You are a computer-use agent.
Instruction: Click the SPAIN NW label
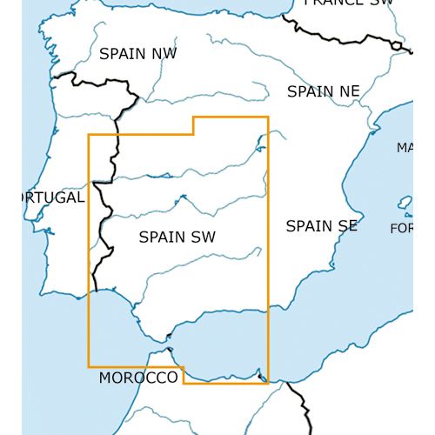click(137, 54)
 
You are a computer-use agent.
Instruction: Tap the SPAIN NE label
click(323, 91)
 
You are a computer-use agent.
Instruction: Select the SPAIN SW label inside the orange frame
click(177, 236)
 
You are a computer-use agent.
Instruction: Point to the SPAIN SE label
click(321, 226)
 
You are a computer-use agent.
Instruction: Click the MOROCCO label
click(137, 378)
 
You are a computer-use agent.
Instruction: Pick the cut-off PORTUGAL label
click(42, 197)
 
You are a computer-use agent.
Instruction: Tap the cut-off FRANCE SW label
click(348, 3)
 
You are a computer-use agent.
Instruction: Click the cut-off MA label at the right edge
click(405, 148)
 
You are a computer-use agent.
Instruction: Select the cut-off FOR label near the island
click(401, 228)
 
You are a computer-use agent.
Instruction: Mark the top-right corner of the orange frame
click(268, 117)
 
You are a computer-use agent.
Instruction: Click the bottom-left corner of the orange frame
click(89, 366)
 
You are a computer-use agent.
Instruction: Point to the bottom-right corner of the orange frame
click(268, 382)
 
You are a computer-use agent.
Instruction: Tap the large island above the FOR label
click(405, 204)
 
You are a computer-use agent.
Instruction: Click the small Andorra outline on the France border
click(398, 45)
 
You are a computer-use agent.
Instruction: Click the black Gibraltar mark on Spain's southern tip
click(169, 335)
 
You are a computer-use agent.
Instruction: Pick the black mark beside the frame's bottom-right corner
click(262, 377)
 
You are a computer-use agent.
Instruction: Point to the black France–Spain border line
click(339, 36)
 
